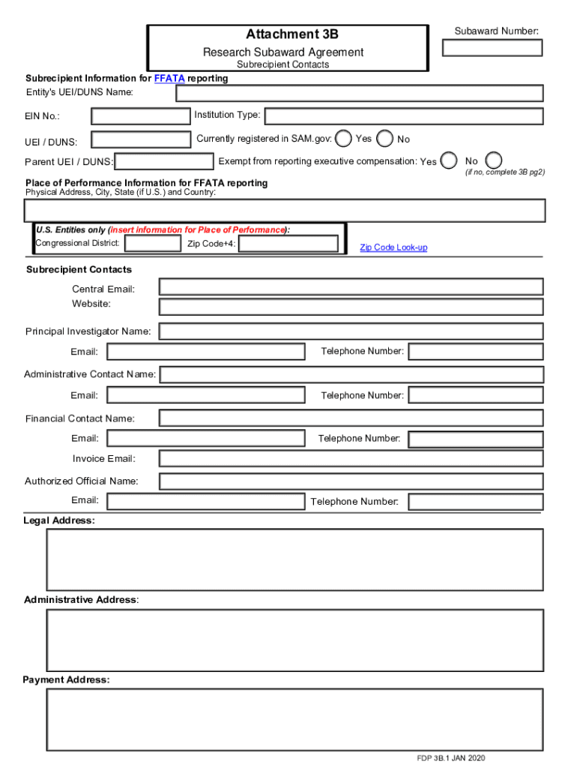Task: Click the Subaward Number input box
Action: point(492,47)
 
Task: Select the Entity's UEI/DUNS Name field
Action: point(360,93)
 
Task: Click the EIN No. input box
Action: point(141,116)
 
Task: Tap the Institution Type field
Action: point(404,116)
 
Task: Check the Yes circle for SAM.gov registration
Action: point(343,139)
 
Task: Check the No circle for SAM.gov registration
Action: point(385,139)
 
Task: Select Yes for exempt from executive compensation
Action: point(449,161)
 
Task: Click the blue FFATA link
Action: point(169,79)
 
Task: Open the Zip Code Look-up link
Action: point(393,247)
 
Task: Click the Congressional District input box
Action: point(152,244)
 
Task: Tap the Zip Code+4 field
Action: point(288,244)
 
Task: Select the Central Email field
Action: point(351,286)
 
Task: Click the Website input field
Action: point(351,306)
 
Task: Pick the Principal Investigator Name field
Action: point(351,331)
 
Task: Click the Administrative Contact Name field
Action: point(351,374)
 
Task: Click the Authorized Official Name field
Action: point(351,481)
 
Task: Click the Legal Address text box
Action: point(294,559)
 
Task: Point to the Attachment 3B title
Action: point(292,34)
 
